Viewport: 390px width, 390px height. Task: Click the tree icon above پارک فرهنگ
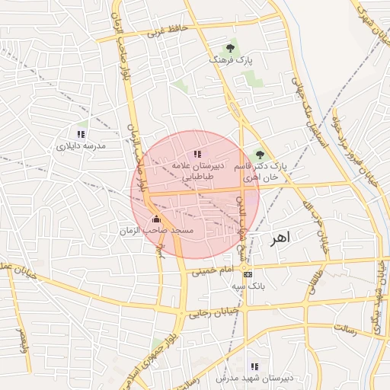coord(232,47)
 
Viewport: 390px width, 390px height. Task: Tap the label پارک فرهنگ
coord(232,59)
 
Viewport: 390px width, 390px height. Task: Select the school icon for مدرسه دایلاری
coord(82,134)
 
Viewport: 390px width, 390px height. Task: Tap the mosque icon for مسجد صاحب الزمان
coord(157,219)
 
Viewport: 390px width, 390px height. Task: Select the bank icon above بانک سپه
coord(247,274)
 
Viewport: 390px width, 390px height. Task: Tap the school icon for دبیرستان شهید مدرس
coord(254,366)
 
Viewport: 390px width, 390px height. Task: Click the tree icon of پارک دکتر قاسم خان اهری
coord(260,155)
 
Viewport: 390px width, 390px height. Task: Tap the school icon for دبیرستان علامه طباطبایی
coord(197,155)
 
